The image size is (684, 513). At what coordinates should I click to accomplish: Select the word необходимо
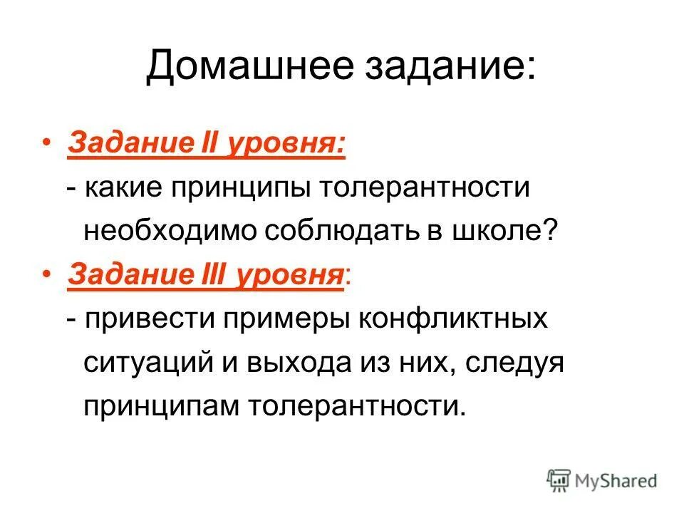click(x=170, y=230)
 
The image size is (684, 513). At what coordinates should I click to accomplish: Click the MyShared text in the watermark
click(x=618, y=481)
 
